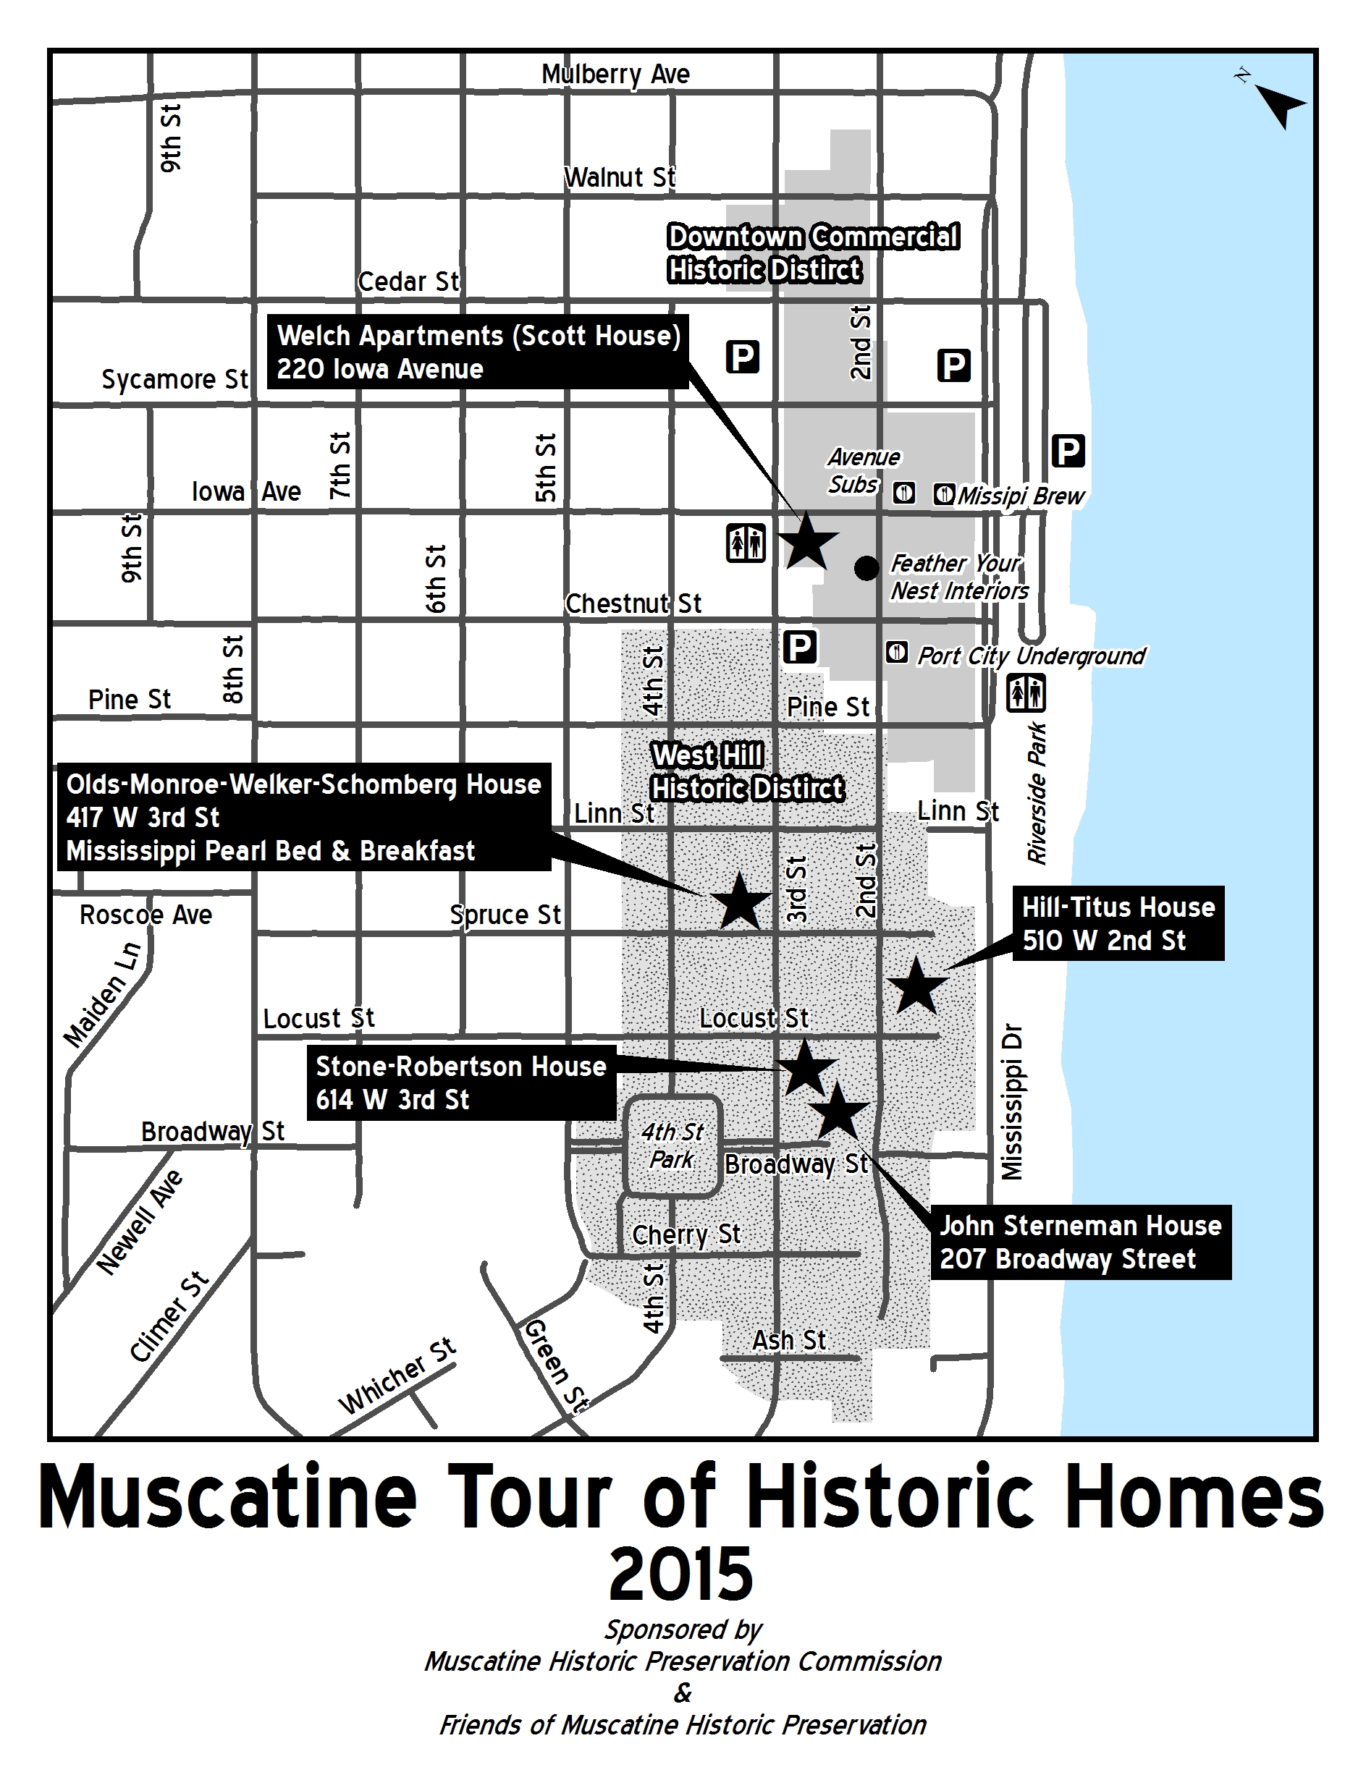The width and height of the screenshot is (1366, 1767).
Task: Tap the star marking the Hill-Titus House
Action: [x=916, y=986]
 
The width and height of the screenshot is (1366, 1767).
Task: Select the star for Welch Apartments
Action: [x=807, y=541]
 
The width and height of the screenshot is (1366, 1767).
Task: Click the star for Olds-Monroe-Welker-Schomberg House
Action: [x=739, y=902]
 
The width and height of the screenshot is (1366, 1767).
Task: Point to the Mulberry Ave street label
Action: [x=615, y=75]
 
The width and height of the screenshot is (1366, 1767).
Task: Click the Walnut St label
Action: [x=619, y=177]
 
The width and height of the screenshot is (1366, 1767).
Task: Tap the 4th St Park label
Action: [x=672, y=1145]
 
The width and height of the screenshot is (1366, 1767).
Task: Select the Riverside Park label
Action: [x=1037, y=793]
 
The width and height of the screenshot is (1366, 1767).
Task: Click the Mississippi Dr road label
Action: [x=1011, y=1102]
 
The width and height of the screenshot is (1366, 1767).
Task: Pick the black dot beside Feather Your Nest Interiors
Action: [x=866, y=569]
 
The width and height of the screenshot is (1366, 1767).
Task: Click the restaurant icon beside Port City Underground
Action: [x=896, y=651]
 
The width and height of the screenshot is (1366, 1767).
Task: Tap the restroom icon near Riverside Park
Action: [x=1025, y=693]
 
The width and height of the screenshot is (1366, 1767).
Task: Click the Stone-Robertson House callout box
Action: [x=460, y=1082]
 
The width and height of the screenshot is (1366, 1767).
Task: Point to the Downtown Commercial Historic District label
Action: [x=812, y=253]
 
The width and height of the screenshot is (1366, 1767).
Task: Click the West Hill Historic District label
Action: [x=747, y=772]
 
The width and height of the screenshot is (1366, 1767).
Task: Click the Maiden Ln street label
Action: [x=103, y=995]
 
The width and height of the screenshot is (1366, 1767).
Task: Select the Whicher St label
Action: [x=397, y=1376]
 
